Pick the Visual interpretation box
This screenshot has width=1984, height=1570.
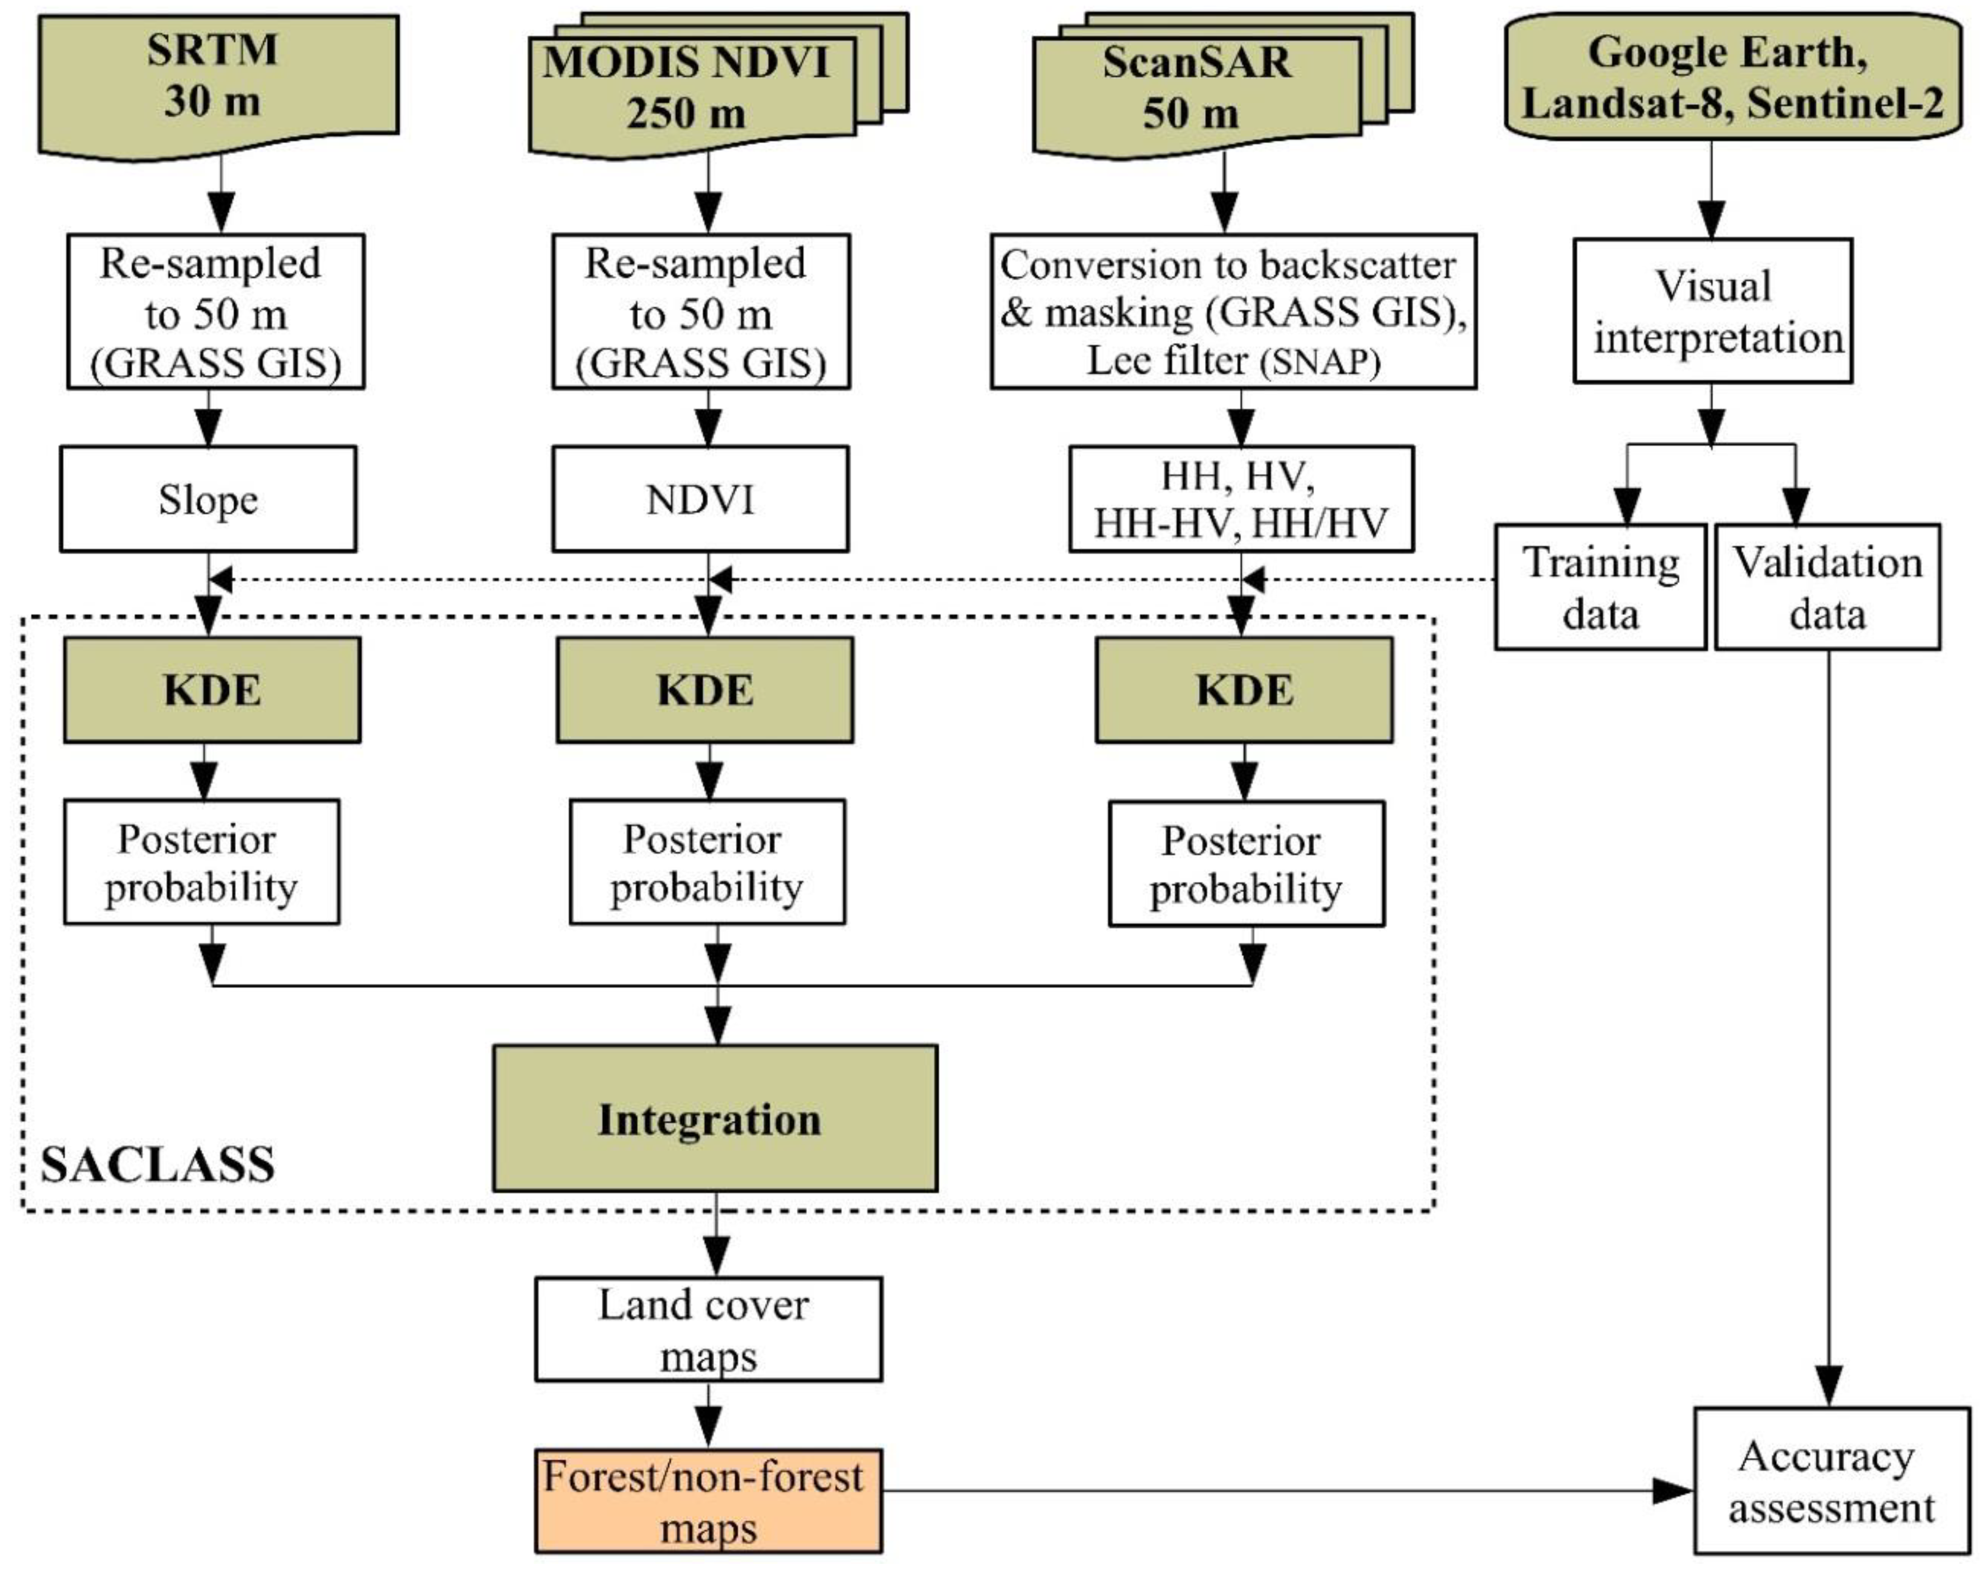pos(1712,311)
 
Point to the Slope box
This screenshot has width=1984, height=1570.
pos(208,499)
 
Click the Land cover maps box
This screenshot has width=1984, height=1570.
pos(708,1329)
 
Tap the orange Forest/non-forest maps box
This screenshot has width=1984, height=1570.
pos(708,1502)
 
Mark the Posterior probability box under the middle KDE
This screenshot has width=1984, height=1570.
pos(706,862)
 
